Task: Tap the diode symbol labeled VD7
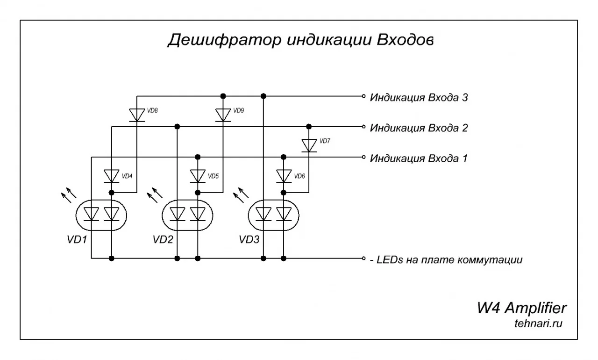click(x=309, y=145)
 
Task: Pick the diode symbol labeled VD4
click(x=111, y=176)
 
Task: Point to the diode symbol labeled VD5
click(x=198, y=176)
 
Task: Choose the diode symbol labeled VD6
click(x=284, y=176)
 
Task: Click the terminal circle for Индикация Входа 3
click(x=363, y=96)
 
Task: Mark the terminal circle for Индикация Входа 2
click(x=363, y=126)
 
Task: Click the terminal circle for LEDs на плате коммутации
click(x=363, y=258)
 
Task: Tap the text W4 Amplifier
click(x=522, y=308)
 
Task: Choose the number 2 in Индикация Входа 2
click(x=464, y=128)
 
